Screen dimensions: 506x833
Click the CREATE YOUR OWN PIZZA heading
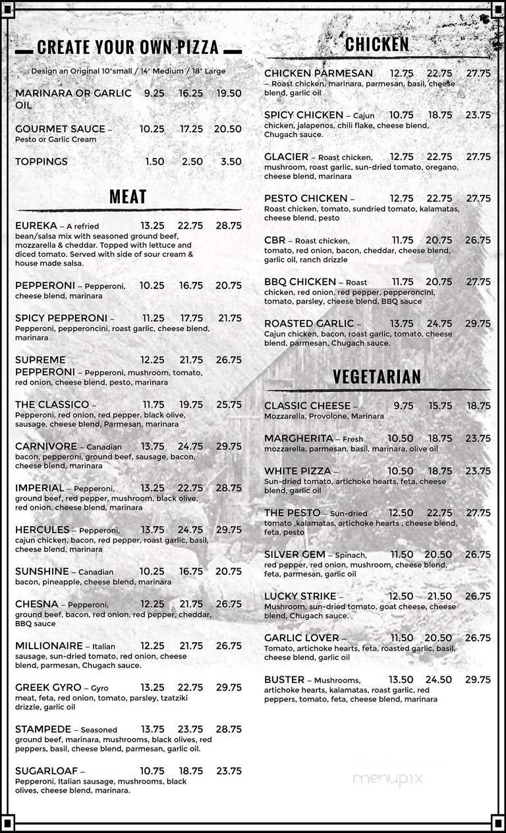point(128,47)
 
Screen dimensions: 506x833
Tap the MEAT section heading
point(128,196)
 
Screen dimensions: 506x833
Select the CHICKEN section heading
point(377,44)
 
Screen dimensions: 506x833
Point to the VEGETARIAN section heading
point(377,377)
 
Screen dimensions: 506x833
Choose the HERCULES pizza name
point(42,529)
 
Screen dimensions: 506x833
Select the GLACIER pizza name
point(286,157)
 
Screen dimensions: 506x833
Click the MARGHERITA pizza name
point(298,439)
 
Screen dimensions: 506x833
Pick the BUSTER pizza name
point(284,680)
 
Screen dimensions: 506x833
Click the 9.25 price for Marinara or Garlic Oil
point(154,94)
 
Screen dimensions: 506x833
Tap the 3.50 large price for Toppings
point(231,161)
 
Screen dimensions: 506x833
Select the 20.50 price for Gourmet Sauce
point(228,129)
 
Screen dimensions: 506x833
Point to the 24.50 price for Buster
point(439,680)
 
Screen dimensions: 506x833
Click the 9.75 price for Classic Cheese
point(403,406)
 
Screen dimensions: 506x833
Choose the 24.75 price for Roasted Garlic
point(439,323)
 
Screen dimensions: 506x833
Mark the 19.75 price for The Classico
point(191,404)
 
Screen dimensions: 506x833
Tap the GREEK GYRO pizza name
point(48,687)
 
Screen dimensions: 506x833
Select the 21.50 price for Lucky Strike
point(439,596)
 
